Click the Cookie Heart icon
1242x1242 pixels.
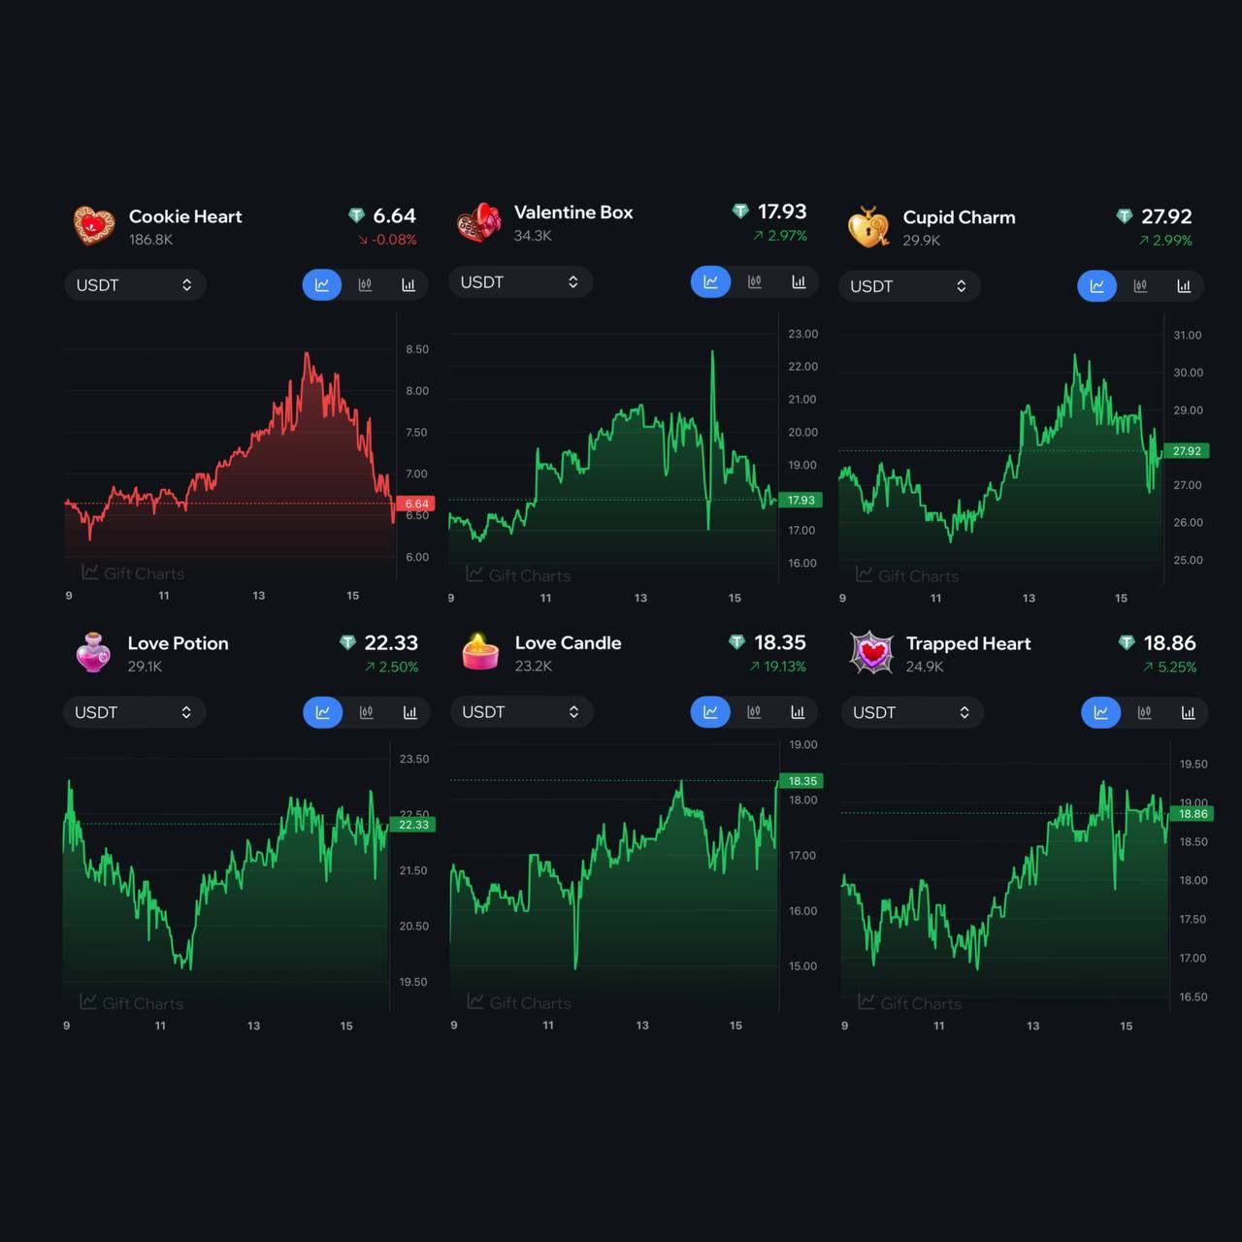pyautogui.click(x=94, y=225)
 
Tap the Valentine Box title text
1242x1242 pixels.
pyautogui.click(x=573, y=212)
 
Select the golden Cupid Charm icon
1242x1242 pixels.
pyautogui.click(x=868, y=227)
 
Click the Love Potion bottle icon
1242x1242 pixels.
pyautogui.click(x=93, y=652)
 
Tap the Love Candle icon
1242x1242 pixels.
pyautogui.click(x=480, y=652)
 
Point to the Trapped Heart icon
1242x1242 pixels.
pyautogui.click(x=871, y=652)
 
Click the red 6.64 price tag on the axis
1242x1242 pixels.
pyautogui.click(x=416, y=504)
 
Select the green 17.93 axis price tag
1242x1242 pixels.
pyautogui.click(x=801, y=500)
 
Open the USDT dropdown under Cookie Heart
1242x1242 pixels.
pyautogui.click(x=134, y=285)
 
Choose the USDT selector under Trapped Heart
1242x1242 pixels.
pyautogui.click(x=911, y=712)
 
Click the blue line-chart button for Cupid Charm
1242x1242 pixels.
pyautogui.click(x=1097, y=286)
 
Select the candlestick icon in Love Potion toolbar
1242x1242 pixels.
pyautogui.click(x=366, y=712)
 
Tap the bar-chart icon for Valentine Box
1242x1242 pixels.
pyautogui.click(x=799, y=282)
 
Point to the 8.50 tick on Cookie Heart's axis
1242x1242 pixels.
pyautogui.click(x=417, y=349)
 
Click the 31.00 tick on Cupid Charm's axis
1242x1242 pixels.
pyautogui.click(x=1188, y=335)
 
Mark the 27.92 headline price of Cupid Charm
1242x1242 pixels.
pyautogui.click(x=1166, y=216)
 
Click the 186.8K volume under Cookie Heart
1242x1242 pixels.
pyautogui.click(x=150, y=240)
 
